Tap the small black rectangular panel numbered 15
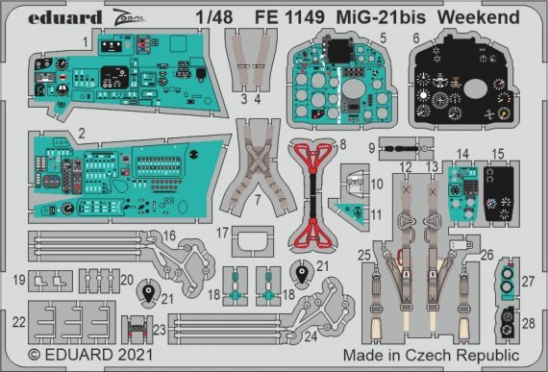[498, 191]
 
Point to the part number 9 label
[371, 148]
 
